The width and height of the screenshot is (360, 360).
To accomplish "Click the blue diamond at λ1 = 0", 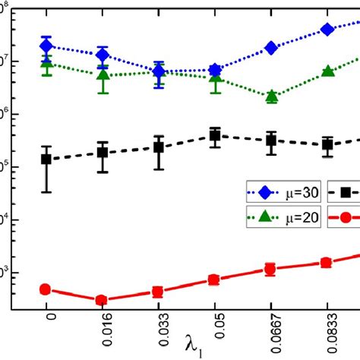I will coord(46,46).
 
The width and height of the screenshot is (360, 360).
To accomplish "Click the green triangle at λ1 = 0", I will coord(46,64).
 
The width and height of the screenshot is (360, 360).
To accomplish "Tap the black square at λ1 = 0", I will coord(46,159).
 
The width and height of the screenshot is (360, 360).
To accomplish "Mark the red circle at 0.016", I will coord(103,300).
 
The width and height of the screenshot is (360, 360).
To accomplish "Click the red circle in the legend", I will coord(343,217).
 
